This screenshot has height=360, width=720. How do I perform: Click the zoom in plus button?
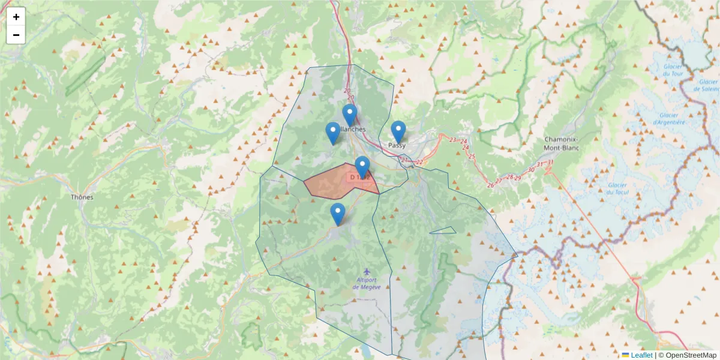tap(16, 17)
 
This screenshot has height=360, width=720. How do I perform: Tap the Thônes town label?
tap(82, 197)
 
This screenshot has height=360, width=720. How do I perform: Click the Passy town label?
tap(397, 145)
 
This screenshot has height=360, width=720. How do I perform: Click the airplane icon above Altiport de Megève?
tap(367, 272)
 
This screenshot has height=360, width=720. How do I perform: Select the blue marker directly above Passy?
tap(398, 131)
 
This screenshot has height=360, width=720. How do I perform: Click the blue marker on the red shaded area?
tap(362, 167)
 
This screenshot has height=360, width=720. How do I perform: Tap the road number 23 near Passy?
tap(452, 140)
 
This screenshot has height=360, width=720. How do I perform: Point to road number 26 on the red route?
tap(491, 185)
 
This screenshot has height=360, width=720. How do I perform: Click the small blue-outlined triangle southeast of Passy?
tap(444, 230)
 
